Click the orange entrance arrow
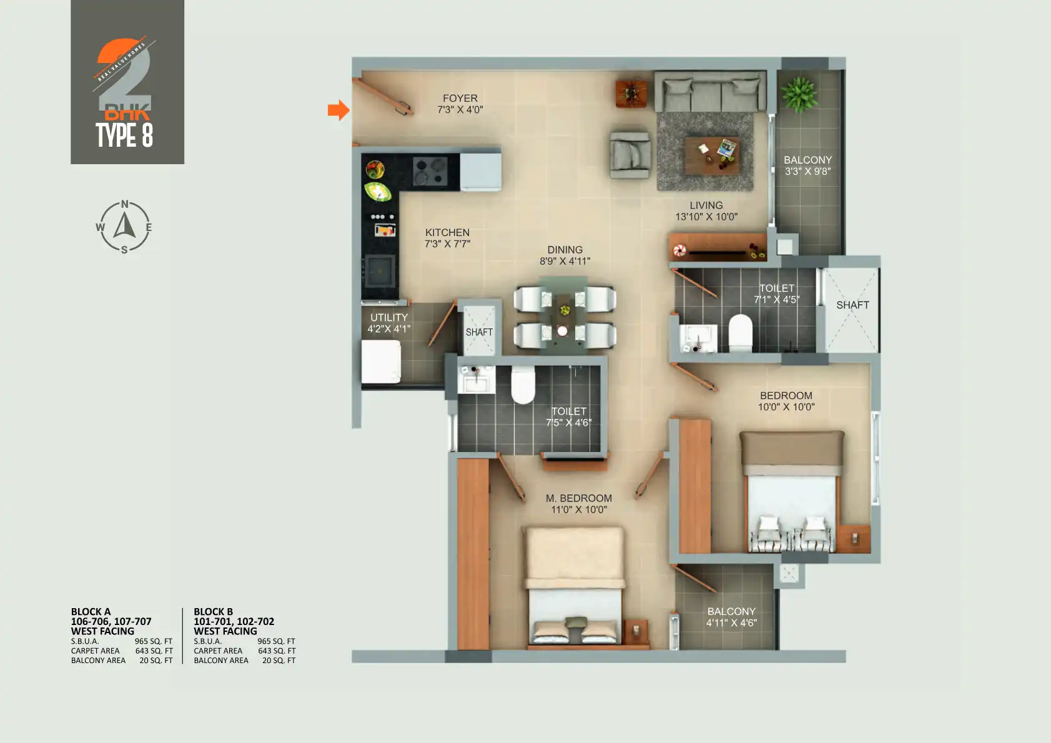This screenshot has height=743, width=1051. click(x=338, y=111)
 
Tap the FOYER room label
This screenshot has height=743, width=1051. click(x=460, y=99)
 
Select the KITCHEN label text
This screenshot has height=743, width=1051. click(x=447, y=233)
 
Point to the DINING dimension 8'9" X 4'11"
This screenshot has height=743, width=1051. click(x=565, y=261)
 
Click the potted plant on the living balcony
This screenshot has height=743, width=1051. click(x=799, y=94)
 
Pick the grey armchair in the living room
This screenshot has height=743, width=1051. click(x=630, y=155)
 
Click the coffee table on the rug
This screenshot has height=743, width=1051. click(x=712, y=155)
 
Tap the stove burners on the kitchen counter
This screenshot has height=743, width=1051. click(x=430, y=171)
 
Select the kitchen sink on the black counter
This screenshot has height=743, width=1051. click(x=380, y=270)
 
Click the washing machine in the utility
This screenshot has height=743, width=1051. click(x=381, y=362)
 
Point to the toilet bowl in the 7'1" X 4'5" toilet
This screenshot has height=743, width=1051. click(x=741, y=333)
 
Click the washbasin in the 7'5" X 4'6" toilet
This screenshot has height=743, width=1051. click(x=476, y=380)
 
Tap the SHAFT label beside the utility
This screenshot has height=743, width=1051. click(x=479, y=332)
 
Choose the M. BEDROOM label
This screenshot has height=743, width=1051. click(x=578, y=498)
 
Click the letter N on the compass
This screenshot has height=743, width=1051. click(x=124, y=204)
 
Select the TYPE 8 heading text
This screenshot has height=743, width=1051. click(x=124, y=135)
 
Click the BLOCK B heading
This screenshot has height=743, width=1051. click(x=213, y=612)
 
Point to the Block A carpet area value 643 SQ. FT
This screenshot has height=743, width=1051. click(x=154, y=651)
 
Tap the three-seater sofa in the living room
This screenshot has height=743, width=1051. click(x=711, y=91)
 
